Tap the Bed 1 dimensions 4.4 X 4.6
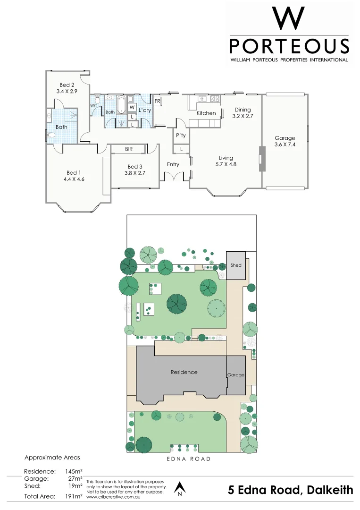74,179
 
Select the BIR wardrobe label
128,149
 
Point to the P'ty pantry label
181,136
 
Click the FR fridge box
158,102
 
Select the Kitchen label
206,113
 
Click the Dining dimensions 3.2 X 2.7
243,116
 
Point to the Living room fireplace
262,159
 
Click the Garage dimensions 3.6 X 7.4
285,145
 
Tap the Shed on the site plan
236,265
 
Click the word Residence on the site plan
184,372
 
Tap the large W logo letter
289,19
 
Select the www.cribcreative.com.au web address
112,497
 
